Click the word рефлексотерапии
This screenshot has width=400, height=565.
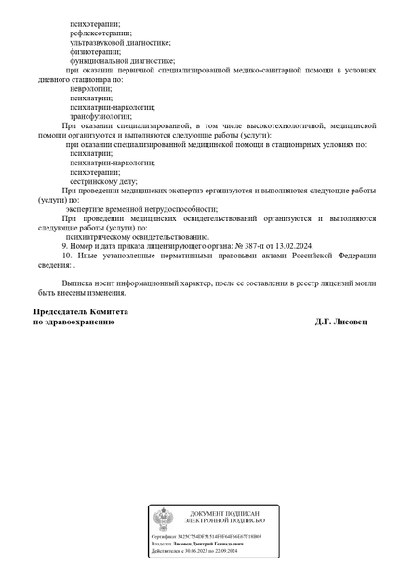coord(100,33)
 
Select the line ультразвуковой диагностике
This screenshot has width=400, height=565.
coord(120,42)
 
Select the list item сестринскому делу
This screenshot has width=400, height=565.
coord(103,181)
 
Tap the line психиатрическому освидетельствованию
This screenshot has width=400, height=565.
coord(138,237)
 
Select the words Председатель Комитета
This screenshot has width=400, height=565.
coord(80,312)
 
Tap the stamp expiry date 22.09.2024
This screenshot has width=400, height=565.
coord(222,551)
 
